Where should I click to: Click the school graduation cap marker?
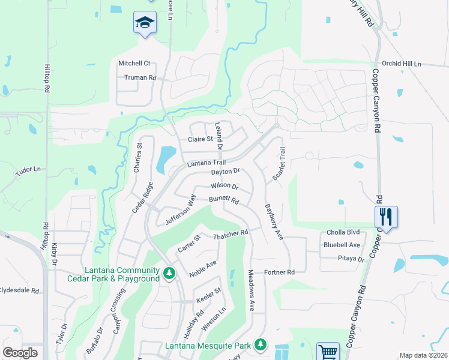[145, 23]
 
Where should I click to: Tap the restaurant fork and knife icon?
[387, 217]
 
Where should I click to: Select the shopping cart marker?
[328, 352]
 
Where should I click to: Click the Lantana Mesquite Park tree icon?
[260, 344]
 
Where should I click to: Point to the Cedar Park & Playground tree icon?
[170, 274]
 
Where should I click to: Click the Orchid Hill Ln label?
[402, 64]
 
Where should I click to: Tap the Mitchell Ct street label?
[134, 64]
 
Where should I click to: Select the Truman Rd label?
[140, 77]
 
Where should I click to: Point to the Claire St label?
[200, 139]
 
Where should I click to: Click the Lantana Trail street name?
[206, 163]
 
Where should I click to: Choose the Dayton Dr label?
[225, 172]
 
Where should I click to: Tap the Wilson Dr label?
[224, 187]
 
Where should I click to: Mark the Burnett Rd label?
[224, 200]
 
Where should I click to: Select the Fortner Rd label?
[279, 272]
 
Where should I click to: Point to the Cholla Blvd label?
[343, 233]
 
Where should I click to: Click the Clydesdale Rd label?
[19, 290]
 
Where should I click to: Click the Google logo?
[20, 353]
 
